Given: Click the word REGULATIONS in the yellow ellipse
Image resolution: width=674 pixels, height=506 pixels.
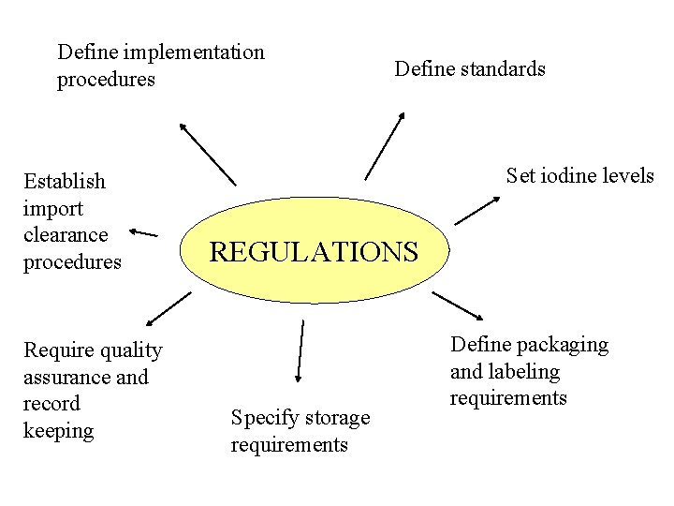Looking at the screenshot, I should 314,252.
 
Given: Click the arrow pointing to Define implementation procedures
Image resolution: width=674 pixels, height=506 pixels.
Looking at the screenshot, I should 208,154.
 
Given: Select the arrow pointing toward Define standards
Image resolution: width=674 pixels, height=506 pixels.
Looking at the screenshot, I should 384,146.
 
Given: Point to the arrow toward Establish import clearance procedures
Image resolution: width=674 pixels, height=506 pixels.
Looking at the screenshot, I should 143,231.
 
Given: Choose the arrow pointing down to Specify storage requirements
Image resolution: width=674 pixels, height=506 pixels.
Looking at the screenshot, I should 300,350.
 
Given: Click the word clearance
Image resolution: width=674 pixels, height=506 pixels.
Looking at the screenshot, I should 66,234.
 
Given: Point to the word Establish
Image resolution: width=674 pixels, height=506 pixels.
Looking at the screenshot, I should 65,181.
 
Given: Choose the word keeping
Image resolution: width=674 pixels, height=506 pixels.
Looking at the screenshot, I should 58,431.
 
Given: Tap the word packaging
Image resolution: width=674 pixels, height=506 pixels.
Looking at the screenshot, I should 560,345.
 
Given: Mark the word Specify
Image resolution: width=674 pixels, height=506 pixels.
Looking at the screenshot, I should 262,418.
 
